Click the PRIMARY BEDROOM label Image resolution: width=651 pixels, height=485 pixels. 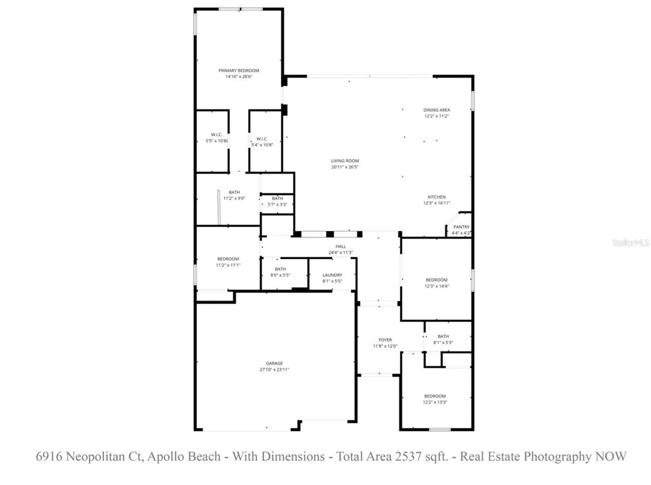pyautogui.click(x=239, y=71)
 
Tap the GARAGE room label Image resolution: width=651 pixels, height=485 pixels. pyautogui.click(x=274, y=363)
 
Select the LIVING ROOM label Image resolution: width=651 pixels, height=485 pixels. pyautogui.click(x=345, y=161)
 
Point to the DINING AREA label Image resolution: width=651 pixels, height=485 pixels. pyautogui.click(x=436, y=110)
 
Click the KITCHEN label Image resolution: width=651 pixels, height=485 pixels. pyautogui.click(x=436, y=197)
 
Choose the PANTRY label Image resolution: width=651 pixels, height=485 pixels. pyautogui.click(x=461, y=227)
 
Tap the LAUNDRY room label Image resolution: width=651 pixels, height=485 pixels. pyautogui.click(x=332, y=275)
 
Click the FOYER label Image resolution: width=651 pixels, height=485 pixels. pyautogui.click(x=385, y=340)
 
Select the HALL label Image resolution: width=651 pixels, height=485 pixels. pyautogui.click(x=340, y=247)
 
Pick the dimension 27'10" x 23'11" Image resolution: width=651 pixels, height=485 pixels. pyautogui.click(x=274, y=370)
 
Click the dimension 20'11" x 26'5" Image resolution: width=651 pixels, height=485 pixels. pyautogui.click(x=345, y=167)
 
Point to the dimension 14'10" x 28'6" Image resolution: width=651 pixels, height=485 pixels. pyautogui.click(x=239, y=77)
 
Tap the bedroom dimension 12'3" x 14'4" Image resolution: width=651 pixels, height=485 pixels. pyautogui.click(x=436, y=286)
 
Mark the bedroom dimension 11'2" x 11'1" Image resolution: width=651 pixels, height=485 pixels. pyautogui.click(x=228, y=265)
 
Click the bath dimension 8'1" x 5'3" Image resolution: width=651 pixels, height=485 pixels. pyautogui.click(x=443, y=342)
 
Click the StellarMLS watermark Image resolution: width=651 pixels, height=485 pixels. pyautogui.click(x=631, y=243)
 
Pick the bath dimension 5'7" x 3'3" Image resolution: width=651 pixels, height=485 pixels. pyautogui.click(x=277, y=204)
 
